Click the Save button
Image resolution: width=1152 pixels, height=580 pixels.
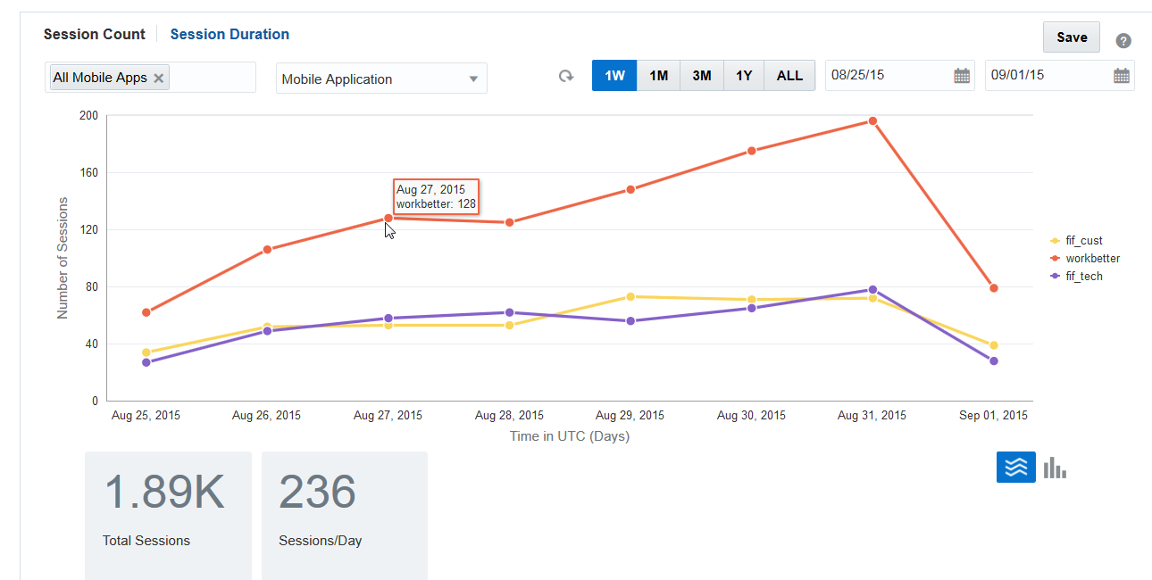point(1071,37)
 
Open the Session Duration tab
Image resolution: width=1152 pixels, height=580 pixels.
point(230,35)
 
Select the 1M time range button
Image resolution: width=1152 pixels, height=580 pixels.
point(658,76)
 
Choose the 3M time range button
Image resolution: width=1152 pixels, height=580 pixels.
point(702,76)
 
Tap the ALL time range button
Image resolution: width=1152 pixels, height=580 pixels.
point(789,76)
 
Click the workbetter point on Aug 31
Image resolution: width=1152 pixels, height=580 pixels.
point(872,121)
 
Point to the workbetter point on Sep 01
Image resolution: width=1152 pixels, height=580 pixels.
point(993,288)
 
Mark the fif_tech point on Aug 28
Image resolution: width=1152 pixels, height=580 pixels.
point(509,312)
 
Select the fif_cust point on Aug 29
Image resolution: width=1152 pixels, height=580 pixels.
point(630,296)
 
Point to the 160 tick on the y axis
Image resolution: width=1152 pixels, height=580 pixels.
point(88,173)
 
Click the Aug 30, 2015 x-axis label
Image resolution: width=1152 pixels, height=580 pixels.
point(751,416)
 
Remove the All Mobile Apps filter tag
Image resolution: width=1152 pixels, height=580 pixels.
point(159,79)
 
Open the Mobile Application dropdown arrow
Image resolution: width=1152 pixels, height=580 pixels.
point(474,79)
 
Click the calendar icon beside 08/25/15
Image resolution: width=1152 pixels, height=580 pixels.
point(962,76)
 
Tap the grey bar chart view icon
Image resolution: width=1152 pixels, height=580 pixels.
point(1055,468)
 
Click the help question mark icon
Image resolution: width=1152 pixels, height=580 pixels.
point(1123,41)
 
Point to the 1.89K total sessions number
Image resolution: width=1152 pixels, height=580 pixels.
point(164,493)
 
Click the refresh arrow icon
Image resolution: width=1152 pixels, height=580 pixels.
point(566,77)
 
